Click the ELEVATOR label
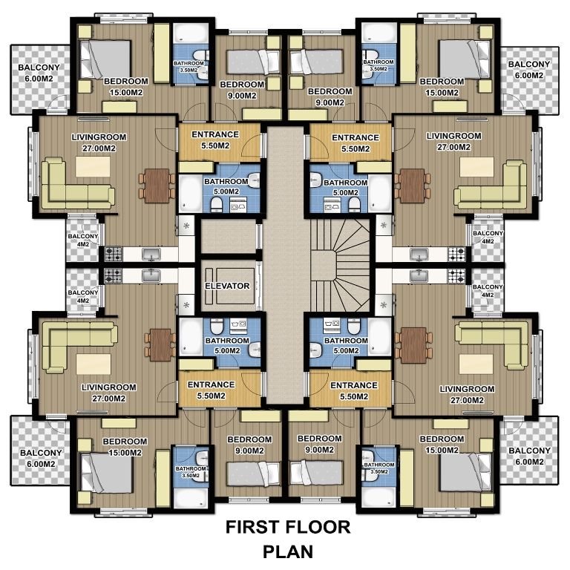(x=227, y=286)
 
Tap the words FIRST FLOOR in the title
(x=288, y=527)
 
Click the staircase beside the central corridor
(x=340, y=265)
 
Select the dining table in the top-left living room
(x=157, y=186)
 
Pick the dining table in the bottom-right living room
(x=413, y=345)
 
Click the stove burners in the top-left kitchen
(x=113, y=254)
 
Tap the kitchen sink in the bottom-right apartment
(x=419, y=276)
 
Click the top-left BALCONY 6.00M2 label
(x=39, y=73)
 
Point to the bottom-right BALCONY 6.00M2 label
(x=529, y=456)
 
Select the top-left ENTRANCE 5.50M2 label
(x=215, y=140)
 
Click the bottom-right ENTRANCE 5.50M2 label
(x=354, y=390)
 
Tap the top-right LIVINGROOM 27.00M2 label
(x=453, y=142)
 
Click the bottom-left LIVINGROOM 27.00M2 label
(x=108, y=393)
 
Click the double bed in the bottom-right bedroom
(x=465, y=472)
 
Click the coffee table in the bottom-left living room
(x=94, y=364)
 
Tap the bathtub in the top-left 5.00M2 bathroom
(x=191, y=194)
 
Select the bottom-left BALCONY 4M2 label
(x=83, y=296)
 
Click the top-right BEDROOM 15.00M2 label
(x=442, y=87)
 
